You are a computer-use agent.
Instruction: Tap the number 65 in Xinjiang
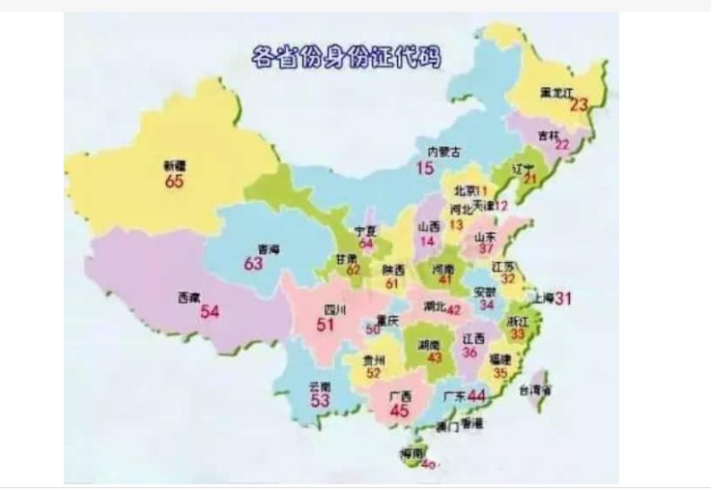(174, 181)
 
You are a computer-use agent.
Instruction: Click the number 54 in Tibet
(209, 311)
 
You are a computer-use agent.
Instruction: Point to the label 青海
(255, 248)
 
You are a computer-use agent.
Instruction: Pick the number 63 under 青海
(253, 263)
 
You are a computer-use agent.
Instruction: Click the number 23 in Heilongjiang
(579, 104)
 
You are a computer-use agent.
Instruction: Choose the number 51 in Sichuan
(327, 325)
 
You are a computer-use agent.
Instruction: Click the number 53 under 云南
(320, 400)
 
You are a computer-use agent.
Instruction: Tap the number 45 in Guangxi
(399, 411)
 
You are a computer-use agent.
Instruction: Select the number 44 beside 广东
(476, 396)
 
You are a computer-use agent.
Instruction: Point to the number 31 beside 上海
(563, 299)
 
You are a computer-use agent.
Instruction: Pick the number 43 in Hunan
(434, 358)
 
